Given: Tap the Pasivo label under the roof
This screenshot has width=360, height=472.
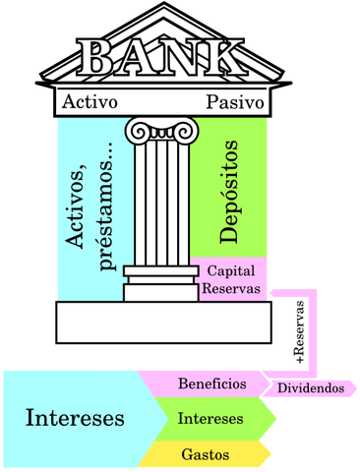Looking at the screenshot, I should point(235,102).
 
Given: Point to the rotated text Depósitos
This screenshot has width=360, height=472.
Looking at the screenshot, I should point(230,192).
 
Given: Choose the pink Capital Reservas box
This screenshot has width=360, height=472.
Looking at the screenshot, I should point(232,279).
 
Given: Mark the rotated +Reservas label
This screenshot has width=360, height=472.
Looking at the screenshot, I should point(300,331).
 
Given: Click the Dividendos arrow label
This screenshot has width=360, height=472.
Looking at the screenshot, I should point(310,388).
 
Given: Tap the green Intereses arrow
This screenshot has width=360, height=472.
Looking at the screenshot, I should point(210,419).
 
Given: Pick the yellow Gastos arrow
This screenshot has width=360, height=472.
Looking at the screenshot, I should point(207,454).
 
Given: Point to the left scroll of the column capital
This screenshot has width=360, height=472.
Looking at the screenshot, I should point(135,130).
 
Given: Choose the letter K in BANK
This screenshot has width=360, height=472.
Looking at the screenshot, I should point(223,59).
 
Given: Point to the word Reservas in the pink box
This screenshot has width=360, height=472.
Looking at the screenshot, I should point(232,288).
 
